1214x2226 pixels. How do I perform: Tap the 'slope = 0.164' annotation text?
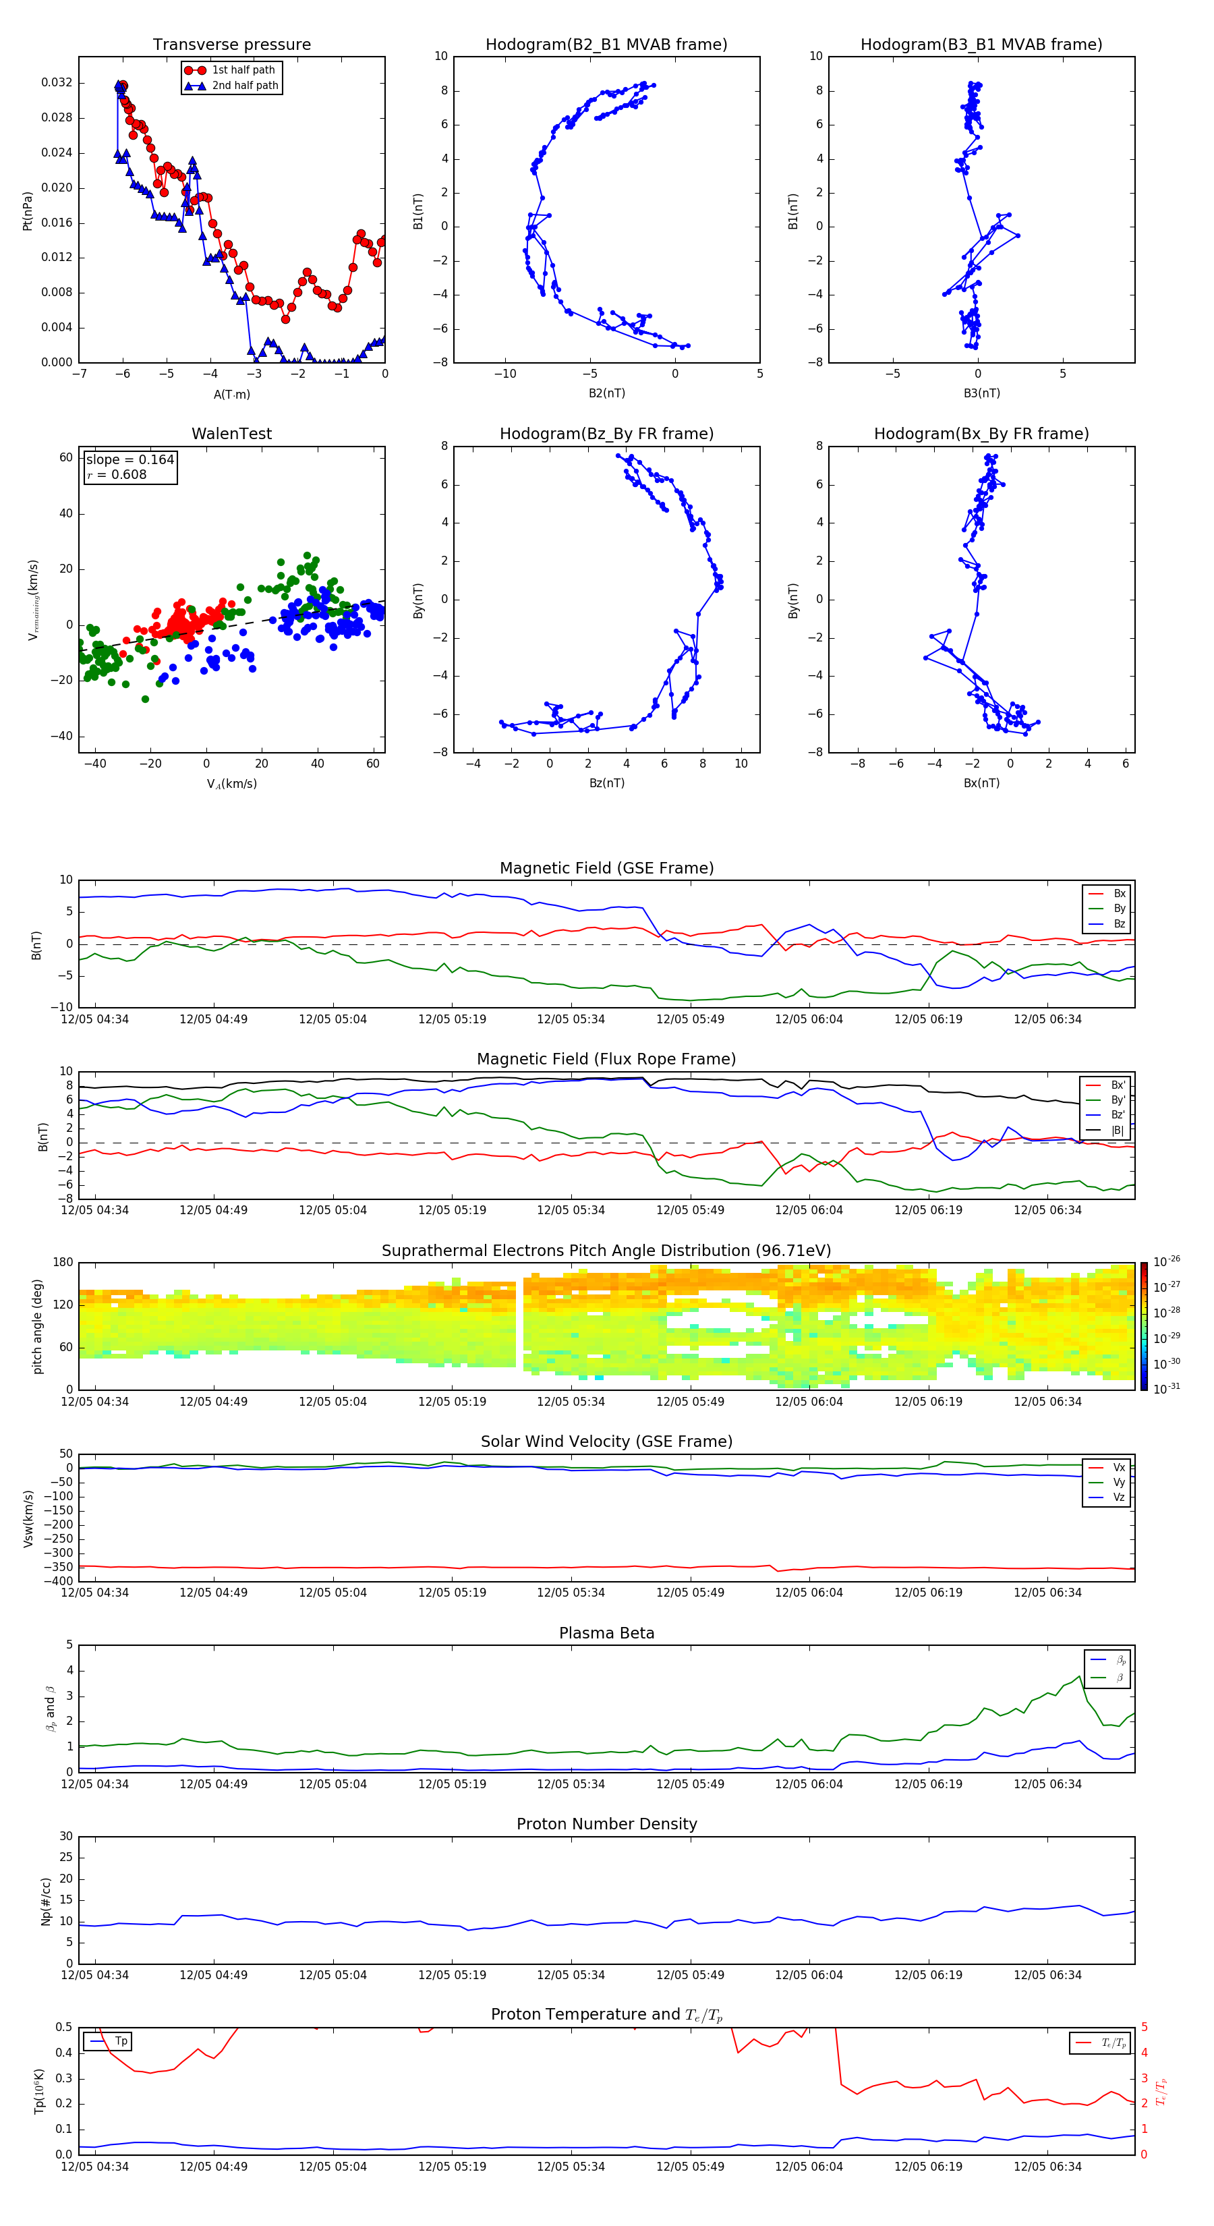[x=129, y=460]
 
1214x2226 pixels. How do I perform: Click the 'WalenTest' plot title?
[x=231, y=434]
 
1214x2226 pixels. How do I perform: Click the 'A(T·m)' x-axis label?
[x=231, y=395]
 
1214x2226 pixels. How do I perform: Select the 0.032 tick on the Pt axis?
[x=57, y=83]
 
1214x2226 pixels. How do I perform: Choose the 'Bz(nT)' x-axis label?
[x=606, y=783]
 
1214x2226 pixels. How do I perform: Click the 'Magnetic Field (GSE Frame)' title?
[x=606, y=868]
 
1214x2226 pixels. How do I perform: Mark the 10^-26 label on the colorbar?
[x=1167, y=1261]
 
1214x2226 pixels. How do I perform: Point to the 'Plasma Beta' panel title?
[x=606, y=1633]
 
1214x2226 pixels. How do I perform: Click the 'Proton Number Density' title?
[x=606, y=1824]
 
